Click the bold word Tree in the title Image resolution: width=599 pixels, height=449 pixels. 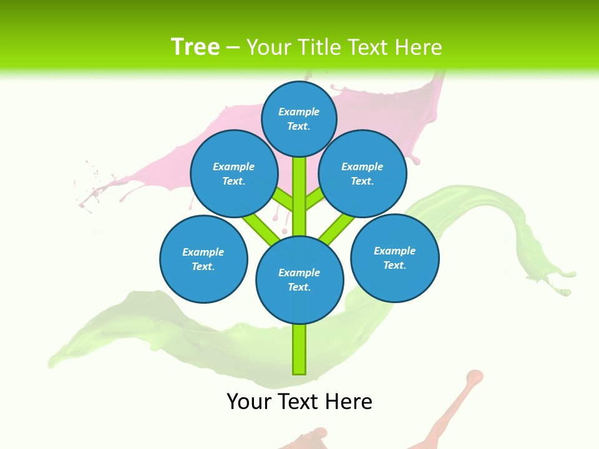[195, 47]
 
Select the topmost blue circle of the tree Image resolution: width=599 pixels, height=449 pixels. [299, 118]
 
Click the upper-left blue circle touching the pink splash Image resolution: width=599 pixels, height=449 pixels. [233, 174]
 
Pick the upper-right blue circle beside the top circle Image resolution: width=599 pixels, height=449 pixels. [363, 174]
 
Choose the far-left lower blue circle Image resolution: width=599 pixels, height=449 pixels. [203, 259]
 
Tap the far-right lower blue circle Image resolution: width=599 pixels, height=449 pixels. [395, 258]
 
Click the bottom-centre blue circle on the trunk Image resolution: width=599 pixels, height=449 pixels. [299, 280]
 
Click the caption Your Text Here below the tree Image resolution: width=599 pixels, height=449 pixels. [299, 402]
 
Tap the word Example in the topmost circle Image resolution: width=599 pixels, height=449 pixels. [299, 112]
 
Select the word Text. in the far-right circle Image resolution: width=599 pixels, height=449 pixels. [395, 265]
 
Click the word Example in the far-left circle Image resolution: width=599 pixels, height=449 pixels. [203, 252]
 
